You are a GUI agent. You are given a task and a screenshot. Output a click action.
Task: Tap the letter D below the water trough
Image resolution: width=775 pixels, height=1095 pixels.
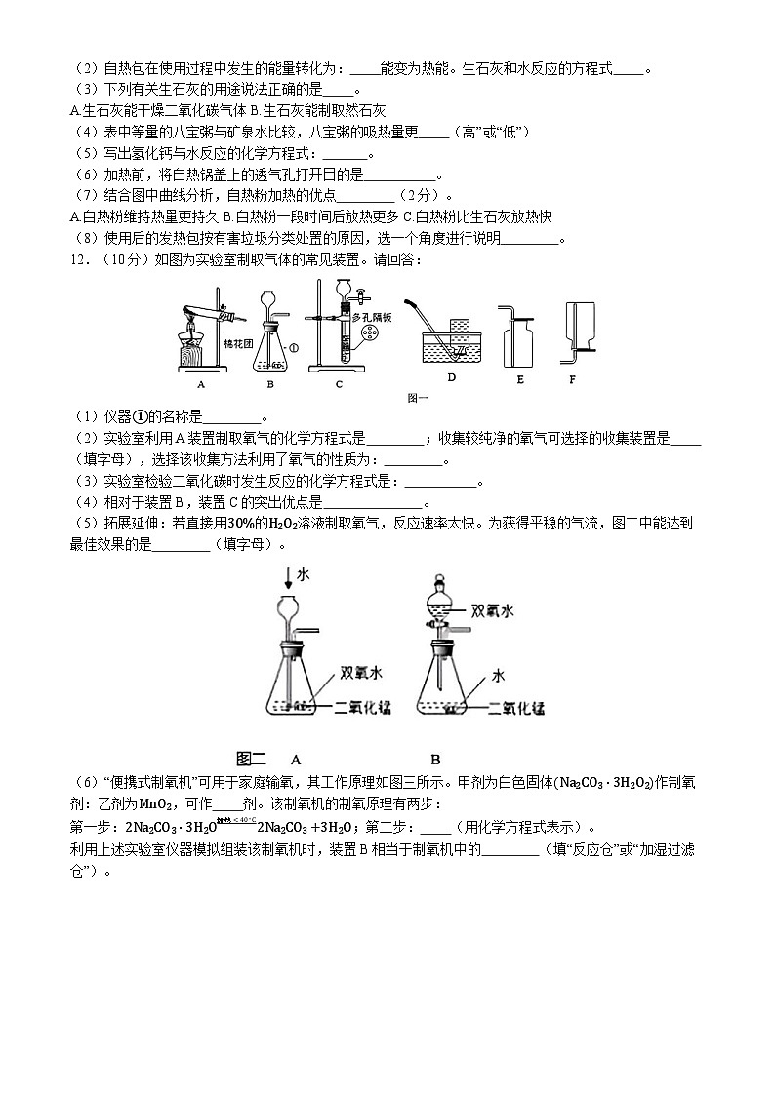click(451, 376)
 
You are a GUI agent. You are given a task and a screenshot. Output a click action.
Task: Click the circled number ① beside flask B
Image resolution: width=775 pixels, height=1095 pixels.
click(294, 345)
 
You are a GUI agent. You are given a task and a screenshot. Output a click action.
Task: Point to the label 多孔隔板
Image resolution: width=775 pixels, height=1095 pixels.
click(375, 317)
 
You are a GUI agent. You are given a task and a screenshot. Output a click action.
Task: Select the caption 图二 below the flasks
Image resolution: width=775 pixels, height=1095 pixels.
click(252, 758)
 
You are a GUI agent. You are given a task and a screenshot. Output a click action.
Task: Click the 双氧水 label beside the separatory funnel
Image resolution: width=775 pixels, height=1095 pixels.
click(492, 611)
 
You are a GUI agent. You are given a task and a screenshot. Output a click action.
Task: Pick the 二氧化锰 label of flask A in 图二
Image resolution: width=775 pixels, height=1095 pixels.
click(362, 708)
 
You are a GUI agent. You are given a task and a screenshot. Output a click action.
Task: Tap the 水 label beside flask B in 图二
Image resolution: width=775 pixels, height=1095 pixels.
click(498, 675)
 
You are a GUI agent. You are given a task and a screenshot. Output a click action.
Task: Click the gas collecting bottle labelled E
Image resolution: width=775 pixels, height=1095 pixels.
click(517, 343)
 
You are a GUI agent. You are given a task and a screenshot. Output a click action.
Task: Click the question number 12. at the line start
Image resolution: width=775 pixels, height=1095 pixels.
click(84, 259)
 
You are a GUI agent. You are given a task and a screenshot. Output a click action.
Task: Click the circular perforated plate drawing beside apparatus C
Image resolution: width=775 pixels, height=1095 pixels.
click(369, 337)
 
